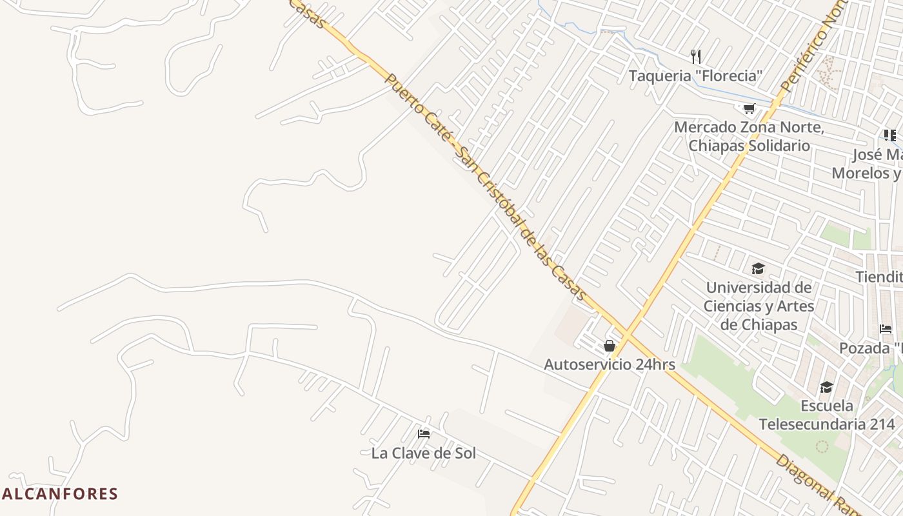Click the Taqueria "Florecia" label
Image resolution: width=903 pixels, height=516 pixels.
695,75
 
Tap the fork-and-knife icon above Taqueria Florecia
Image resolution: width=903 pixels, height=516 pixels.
695,56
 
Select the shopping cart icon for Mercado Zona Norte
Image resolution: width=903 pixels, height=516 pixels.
749,109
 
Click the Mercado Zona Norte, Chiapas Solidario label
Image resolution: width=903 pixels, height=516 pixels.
749,136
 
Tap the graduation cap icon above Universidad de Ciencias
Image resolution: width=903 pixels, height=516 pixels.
758,268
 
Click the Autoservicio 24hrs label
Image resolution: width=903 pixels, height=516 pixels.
609,364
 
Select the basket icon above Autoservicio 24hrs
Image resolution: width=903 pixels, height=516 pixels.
610,346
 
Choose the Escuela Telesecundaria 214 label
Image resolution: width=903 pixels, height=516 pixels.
826,415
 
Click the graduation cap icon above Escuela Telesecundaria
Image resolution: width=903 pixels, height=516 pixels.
826,387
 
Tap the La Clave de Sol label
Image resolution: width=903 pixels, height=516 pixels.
423,453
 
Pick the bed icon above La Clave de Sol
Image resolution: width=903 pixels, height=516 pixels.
424,434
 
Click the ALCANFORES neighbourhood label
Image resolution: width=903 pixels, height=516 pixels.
60,494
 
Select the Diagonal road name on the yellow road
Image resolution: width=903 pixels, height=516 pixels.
816,484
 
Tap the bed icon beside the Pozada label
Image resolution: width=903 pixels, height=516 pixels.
886,329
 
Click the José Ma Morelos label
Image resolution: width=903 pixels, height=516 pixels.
868,164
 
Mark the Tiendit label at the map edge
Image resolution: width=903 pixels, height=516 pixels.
878,277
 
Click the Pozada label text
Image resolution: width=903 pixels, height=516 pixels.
870,348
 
